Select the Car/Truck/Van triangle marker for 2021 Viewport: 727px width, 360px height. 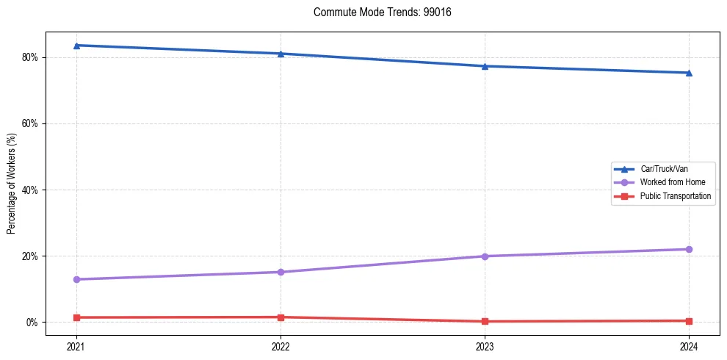(76, 46)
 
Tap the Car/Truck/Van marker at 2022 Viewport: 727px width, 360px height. (281, 54)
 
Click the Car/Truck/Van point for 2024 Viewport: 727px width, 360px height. (689, 73)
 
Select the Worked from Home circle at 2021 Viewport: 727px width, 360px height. (76, 279)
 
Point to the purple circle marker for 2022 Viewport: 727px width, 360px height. (281, 272)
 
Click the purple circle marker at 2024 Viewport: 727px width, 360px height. (689, 249)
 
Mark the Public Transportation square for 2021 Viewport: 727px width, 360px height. (76, 317)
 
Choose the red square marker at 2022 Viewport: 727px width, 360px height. (281, 317)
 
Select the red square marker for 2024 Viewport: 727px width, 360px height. (689, 320)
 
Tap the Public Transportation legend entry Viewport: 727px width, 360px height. (676, 196)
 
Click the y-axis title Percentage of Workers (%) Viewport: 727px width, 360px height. (12, 184)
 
